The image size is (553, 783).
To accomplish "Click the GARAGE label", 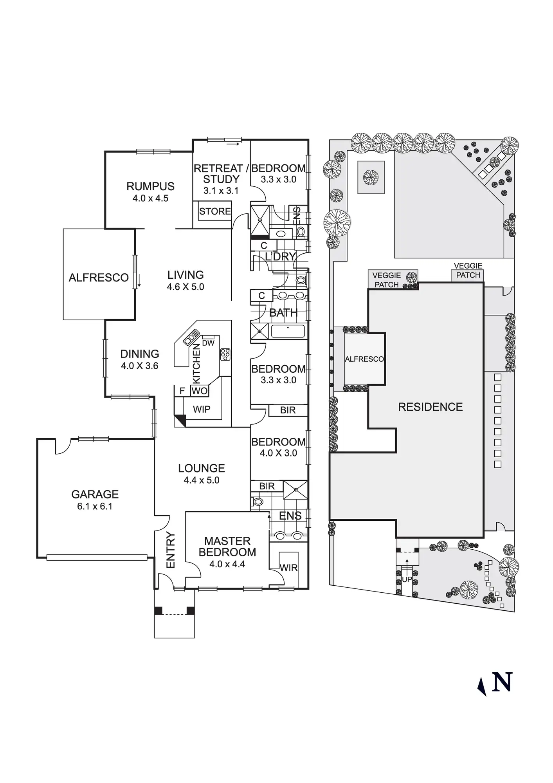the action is pos(95,494).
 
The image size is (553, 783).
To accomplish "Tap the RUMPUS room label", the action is pos(150,186).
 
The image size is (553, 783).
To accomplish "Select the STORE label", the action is pos(215,211).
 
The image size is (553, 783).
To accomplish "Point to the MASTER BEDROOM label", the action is pos(227,547).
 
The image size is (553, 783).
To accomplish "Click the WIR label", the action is pos(288,568).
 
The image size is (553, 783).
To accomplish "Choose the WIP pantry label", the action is pos(202,410).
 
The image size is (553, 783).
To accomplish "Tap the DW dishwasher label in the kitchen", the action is pos(208,343).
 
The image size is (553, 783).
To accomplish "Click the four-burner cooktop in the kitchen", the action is pos(225,354).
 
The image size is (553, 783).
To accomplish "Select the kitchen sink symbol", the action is pos(191,337).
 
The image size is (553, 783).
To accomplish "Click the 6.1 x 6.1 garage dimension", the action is pos(95,507).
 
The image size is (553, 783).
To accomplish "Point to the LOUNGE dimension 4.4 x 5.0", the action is pos(202,480).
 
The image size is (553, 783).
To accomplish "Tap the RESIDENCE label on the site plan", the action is pos(430,407).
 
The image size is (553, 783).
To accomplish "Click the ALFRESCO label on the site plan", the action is pos(364,359).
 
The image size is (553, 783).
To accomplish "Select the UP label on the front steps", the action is pos(407,579).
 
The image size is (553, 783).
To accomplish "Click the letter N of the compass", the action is pos(502,683).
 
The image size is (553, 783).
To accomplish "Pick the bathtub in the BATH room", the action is pos(288,331).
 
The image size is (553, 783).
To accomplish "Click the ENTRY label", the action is pos(171,550).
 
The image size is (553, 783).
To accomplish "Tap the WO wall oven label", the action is pos(200,391).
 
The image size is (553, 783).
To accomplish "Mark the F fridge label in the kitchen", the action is pos(182,391).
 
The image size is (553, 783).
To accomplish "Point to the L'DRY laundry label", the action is pos(280,257).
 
